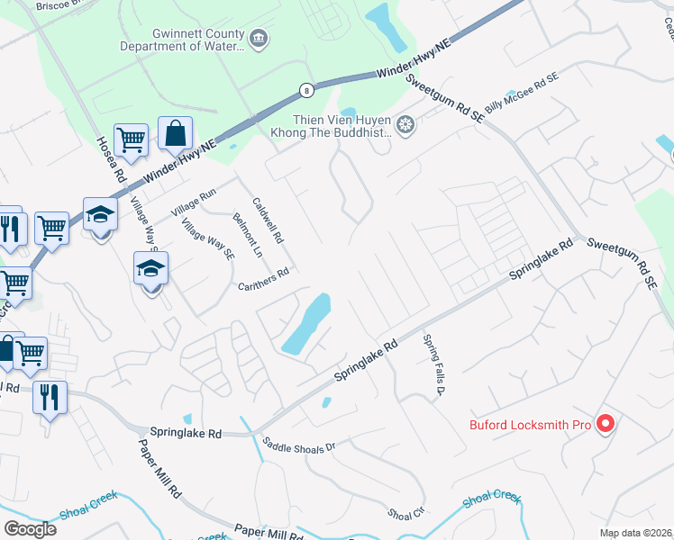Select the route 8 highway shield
[x=307, y=90]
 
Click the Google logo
[x=30, y=528]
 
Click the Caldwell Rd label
[x=268, y=221]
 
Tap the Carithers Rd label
[x=263, y=280]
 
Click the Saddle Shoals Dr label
[x=298, y=444]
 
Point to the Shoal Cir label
[x=405, y=514]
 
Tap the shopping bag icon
[x=175, y=133]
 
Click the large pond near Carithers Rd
[x=306, y=325]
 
